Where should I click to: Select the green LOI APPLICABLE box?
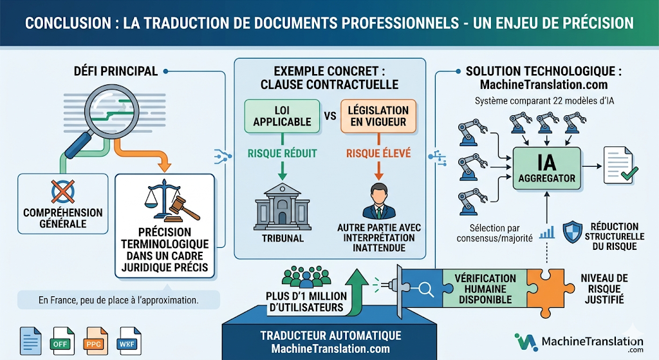click(282, 116)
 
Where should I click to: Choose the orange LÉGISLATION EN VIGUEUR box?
click(378, 116)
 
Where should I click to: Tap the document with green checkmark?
click(618, 164)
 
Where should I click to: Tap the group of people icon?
click(303, 276)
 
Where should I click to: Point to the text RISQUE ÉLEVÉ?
click(378, 154)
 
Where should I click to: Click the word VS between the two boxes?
click(331, 117)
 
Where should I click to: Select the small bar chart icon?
click(547, 232)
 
